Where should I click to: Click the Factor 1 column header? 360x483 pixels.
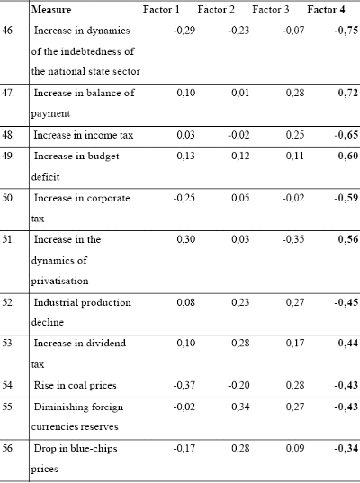pos(161,10)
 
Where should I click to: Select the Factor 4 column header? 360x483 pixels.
pos(326,10)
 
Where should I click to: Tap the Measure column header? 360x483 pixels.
pos(51,10)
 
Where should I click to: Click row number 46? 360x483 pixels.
pos(8,31)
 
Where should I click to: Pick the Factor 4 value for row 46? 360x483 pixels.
pos(346,31)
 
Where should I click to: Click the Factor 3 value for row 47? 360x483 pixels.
pos(295,93)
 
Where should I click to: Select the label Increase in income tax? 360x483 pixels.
pos(84,135)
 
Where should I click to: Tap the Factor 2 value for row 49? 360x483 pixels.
pos(240,156)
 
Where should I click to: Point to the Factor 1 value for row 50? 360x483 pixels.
pos(184,198)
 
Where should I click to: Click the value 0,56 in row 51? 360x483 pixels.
pos(348,239)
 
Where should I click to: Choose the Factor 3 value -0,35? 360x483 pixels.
pos(293,239)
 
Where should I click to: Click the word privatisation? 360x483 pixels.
pos(59,281)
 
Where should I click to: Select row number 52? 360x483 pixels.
pos(8,302)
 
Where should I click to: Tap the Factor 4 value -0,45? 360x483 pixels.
pos(346,302)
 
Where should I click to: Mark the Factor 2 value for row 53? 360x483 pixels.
pos(238,344)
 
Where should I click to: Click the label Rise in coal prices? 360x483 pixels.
pos(76,385)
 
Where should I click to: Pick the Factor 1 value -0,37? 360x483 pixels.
pos(184,385)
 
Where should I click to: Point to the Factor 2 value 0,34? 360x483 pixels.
pos(240,407)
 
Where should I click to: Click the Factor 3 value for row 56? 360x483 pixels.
pos(295,448)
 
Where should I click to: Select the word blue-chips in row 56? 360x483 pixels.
pos(94,448)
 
